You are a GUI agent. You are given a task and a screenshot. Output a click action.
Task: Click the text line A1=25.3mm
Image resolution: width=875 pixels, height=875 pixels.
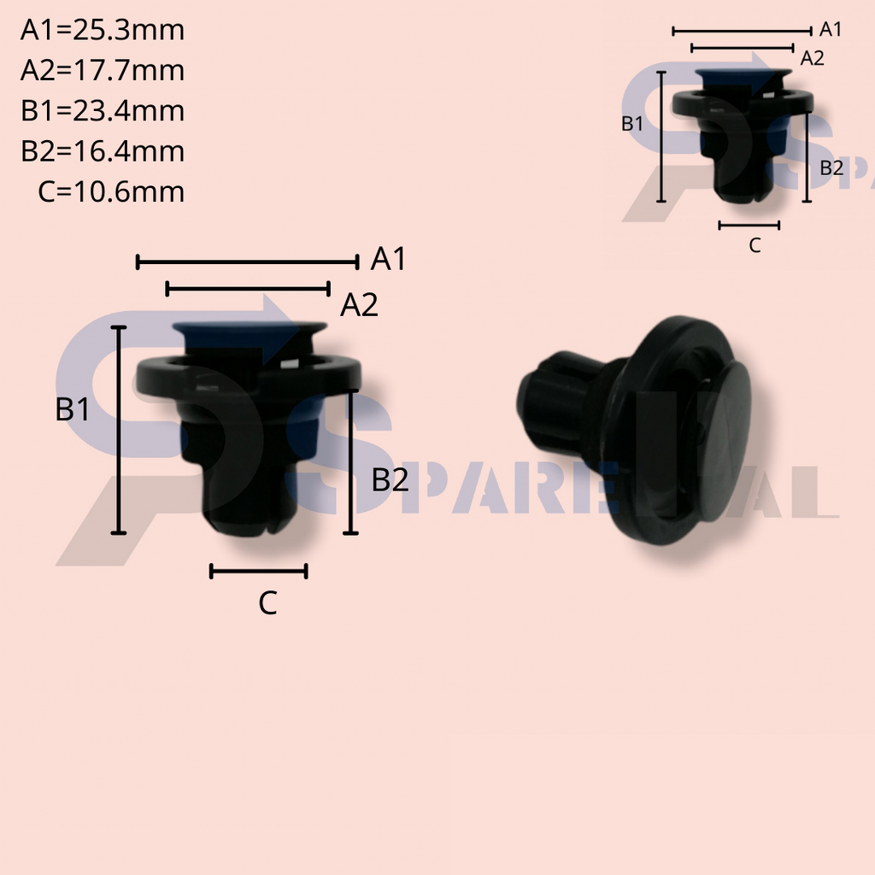point(103,31)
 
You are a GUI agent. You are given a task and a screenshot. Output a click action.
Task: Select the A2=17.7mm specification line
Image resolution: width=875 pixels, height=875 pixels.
point(103,71)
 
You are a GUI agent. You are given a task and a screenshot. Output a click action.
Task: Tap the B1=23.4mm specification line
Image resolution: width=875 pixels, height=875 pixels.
point(103,111)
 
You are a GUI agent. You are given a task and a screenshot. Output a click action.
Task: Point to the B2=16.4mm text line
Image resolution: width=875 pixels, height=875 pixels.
point(103,151)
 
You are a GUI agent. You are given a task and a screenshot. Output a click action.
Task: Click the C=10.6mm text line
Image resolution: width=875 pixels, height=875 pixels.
point(111,191)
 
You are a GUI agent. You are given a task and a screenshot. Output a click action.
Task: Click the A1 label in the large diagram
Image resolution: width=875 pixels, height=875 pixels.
point(388,260)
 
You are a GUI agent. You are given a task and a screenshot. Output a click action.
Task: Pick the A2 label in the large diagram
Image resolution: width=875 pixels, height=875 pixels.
point(359,305)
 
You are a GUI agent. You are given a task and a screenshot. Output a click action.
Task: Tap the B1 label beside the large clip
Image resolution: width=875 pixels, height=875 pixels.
point(73,411)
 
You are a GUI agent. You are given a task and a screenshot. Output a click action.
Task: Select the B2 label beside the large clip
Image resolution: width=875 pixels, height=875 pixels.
point(391,481)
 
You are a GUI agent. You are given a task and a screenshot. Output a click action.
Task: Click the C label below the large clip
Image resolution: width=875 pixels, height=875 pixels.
point(267,604)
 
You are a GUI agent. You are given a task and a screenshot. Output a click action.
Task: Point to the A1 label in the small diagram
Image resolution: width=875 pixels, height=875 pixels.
point(831,30)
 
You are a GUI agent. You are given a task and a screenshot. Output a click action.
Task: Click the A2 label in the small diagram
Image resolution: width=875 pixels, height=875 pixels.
point(812,59)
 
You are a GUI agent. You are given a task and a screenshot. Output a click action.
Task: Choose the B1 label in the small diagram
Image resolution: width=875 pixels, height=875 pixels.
point(632,124)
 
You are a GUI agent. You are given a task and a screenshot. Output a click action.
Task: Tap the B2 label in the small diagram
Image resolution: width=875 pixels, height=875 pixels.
point(831,168)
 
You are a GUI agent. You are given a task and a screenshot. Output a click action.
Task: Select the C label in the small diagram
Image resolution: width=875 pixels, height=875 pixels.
point(755,246)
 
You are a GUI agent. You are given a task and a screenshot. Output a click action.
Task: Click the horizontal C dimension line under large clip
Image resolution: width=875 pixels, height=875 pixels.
point(258,572)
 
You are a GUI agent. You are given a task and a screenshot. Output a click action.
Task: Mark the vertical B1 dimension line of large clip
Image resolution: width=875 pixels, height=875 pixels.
point(119,430)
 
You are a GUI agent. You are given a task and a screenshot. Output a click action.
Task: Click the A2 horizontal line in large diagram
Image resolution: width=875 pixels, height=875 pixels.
point(248,289)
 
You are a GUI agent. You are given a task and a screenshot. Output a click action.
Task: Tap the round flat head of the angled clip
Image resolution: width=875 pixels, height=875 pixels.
point(723,436)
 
